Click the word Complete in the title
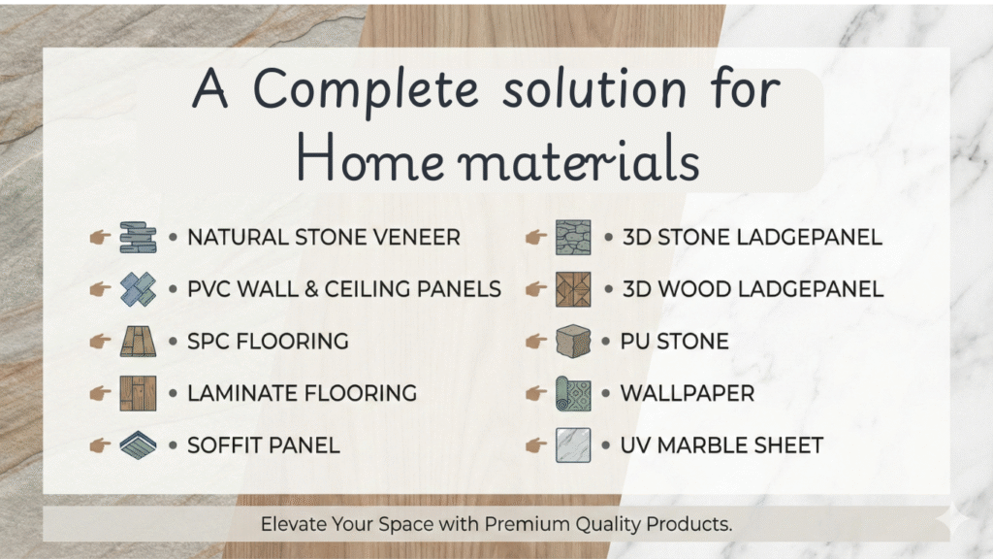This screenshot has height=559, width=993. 366,88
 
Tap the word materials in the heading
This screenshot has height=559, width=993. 578,161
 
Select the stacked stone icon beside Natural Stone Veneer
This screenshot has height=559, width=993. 138,238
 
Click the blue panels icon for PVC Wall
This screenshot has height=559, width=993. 138,289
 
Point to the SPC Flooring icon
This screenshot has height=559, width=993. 138,342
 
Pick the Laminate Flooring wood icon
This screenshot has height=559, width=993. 138,394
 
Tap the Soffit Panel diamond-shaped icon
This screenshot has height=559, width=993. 138,444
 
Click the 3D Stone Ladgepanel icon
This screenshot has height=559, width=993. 573,238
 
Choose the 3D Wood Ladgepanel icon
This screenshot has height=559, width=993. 573,289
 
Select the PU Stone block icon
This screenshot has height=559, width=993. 573,342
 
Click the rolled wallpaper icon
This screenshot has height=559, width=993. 573,394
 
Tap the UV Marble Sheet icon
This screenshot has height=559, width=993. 573,444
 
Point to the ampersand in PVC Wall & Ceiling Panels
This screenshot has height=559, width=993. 311,289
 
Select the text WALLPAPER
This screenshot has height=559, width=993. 688,394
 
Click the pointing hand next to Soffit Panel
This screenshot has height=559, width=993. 100,445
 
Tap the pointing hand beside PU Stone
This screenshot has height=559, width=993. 535,342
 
